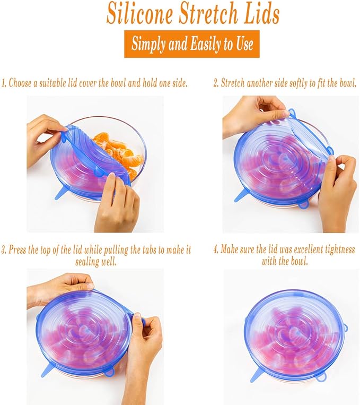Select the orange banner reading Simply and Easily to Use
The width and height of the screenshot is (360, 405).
[x=192, y=44]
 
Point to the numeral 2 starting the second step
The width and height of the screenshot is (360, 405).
[x=215, y=83]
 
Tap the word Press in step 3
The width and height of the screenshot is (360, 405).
[x=20, y=249]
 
